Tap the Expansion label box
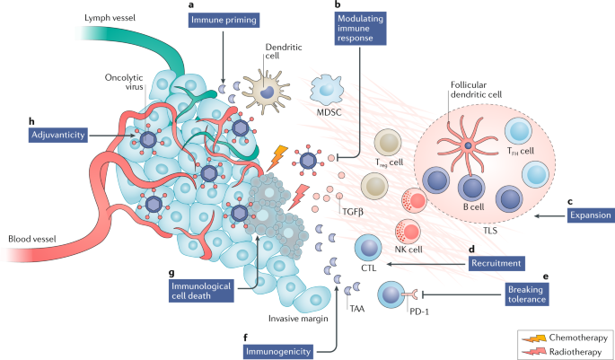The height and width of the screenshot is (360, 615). pos(591,215)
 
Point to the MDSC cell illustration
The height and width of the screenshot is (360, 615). pos(328,91)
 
